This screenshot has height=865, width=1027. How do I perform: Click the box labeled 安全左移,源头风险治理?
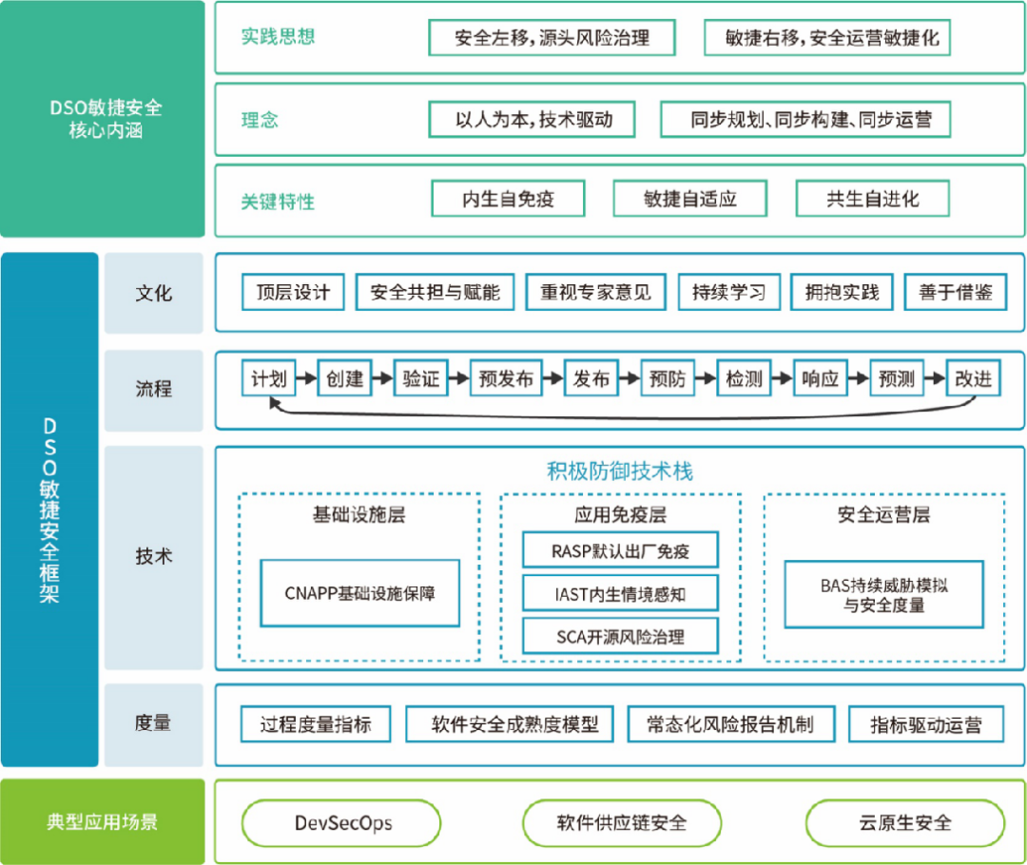coord(552,38)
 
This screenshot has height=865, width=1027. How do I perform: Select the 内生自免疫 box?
coord(508,200)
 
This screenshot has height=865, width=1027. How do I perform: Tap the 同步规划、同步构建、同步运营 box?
coord(804,120)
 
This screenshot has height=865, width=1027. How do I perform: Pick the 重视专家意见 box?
coord(595,292)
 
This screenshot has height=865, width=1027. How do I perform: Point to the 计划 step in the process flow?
coord(269,378)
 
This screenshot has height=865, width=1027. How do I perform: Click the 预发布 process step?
coord(506,378)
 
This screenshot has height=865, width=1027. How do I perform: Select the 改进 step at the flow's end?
coord(973,378)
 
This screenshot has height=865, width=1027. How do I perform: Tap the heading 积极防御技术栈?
coord(619,471)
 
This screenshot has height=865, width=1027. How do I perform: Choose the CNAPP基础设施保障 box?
coord(359,592)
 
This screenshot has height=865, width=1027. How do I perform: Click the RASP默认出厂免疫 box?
coord(619,550)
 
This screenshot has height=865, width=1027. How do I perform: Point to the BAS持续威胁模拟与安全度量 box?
coord(883,595)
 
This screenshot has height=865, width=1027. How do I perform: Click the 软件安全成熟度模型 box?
coord(509,724)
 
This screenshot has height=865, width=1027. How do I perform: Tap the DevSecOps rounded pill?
coord(341,822)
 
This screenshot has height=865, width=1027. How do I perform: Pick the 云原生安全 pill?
coord(904,822)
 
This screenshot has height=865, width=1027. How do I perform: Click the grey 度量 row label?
coord(153,723)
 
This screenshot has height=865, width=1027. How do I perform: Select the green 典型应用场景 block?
coord(103,821)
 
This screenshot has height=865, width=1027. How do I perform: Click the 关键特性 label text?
coord(277,202)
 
